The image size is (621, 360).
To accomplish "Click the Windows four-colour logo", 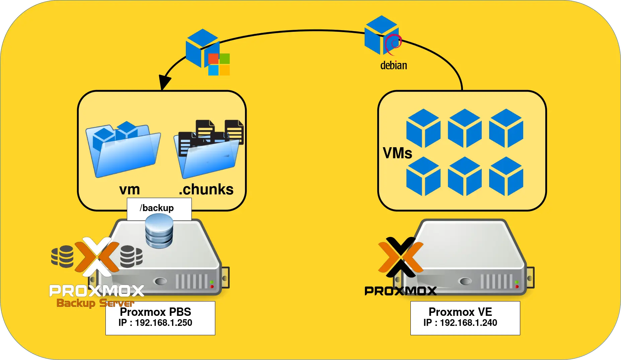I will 219,64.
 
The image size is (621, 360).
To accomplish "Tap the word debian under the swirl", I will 393,65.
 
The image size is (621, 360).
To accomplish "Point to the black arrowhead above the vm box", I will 164,82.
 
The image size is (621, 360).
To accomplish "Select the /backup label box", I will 159,208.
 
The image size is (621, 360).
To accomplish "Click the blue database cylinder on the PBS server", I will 159,231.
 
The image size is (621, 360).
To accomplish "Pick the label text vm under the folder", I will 130,190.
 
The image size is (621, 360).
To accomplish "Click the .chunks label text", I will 206,189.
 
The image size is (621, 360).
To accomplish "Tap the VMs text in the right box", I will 397,153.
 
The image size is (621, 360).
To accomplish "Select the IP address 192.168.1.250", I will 163,323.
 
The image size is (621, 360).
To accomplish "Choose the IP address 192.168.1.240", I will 468,323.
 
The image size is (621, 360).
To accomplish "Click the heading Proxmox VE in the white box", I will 460,312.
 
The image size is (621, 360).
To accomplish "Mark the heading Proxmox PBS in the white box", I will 155,312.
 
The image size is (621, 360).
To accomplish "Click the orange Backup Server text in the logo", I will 95,303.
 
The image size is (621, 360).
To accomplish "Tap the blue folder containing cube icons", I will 123,151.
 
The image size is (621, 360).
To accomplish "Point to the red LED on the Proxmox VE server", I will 517,287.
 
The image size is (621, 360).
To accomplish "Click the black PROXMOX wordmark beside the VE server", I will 400,291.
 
